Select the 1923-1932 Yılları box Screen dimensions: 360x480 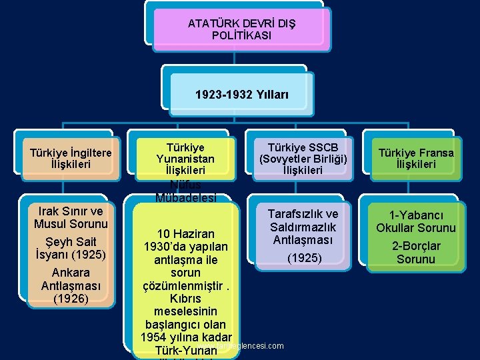tap(241, 95)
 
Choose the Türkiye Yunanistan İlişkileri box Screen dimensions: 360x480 tap(185, 159)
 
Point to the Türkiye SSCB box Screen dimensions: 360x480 tap(303, 159)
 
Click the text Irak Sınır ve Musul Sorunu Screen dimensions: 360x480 tap(71, 217)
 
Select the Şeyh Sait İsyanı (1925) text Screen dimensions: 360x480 tap(71, 248)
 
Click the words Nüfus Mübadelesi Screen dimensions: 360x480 tap(185, 191)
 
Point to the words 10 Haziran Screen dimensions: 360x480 tap(186, 234)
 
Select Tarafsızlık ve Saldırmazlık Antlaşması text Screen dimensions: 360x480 tap(303, 227)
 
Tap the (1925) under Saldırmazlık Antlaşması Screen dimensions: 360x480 tap(303, 258)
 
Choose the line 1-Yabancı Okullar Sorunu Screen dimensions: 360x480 tap(416, 221)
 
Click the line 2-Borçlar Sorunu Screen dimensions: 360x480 tap(416, 253)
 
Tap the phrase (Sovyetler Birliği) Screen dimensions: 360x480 tap(303, 159)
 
